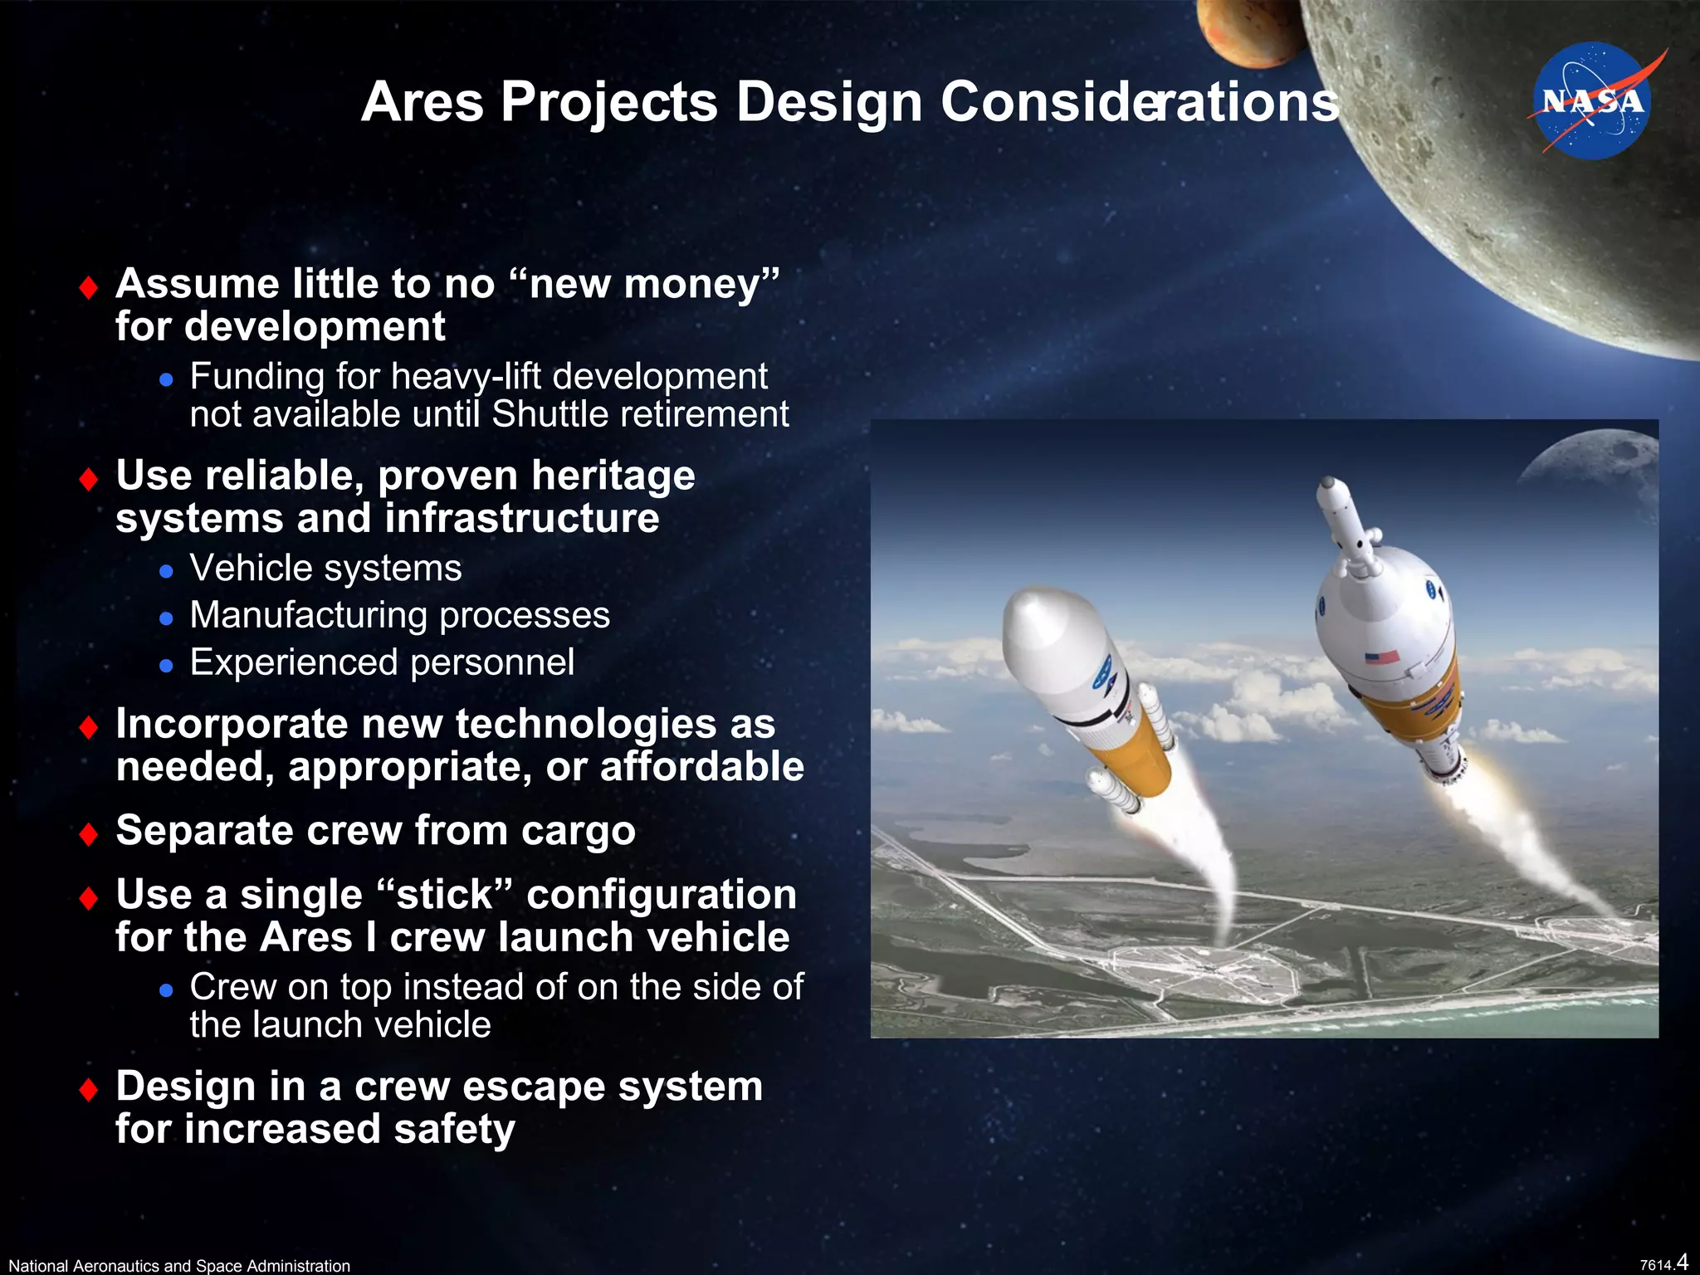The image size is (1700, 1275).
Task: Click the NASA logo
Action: coord(1592,100)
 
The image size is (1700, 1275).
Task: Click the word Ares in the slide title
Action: coord(422,102)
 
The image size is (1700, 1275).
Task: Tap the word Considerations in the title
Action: coord(1139,102)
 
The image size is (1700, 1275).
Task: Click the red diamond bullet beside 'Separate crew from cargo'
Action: coord(89,833)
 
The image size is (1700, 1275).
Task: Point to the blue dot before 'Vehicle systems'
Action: coord(167,571)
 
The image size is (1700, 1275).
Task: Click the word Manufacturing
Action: coord(308,616)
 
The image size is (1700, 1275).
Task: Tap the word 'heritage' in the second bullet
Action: coord(613,476)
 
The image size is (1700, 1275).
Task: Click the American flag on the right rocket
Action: coord(1382,657)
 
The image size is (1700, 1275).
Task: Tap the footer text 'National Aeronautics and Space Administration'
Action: coord(179,1265)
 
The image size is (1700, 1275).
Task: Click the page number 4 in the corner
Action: coord(1683,1262)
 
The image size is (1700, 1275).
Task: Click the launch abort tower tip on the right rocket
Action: coord(1327,483)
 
